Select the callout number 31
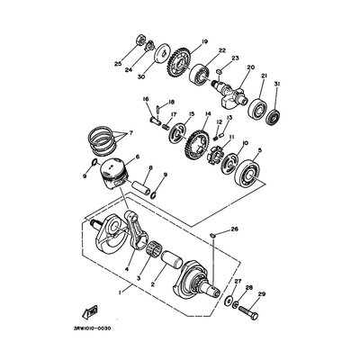tap(277, 85)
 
